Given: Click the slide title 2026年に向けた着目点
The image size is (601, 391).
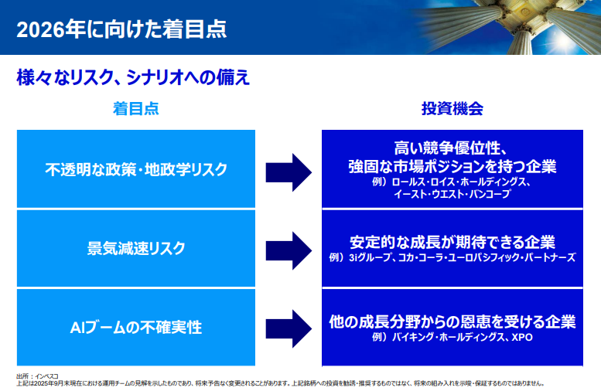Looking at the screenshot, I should pyautogui.click(x=121, y=29).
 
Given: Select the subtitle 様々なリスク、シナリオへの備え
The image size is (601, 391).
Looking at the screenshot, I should pyautogui.click(x=133, y=78).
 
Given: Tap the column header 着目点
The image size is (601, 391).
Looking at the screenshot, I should pyautogui.click(x=136, y=108).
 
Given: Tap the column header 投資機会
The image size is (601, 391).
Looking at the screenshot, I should pyautogui.click(x=452, y=108).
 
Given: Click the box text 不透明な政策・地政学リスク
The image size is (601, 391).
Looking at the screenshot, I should pyautogui.click(x=136, y=169).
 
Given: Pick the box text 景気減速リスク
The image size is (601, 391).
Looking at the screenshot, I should pyautogui.click(x=136, y=248).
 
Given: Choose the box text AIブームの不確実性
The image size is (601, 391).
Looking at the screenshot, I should pyautogui.click(x=136, y=327).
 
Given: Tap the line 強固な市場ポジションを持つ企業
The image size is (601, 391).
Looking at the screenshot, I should pyautogui.click(x=452, y=166).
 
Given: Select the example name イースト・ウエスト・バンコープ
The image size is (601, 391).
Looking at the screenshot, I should pyautogui.click(x=452, y=195).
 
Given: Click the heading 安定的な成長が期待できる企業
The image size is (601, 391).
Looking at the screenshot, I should pyautogui.click(x=452, y=241).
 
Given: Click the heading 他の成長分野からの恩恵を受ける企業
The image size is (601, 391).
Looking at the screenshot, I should pyautogui.click(x=452, y=321).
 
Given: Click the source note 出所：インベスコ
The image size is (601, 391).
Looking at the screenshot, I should pyautogui.click(x=36, y=376).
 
